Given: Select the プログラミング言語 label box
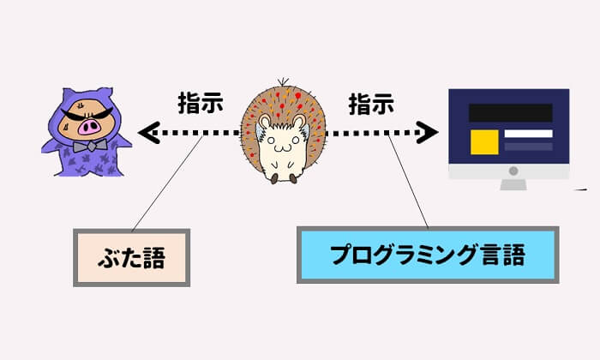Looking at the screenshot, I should tap(428, 255).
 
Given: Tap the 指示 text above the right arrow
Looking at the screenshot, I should tap(371, 104).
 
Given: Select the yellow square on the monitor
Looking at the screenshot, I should tap(484, 142).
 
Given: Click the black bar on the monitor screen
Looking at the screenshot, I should tap(510, 112).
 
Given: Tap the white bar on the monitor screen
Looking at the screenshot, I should tap(527, 135).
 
